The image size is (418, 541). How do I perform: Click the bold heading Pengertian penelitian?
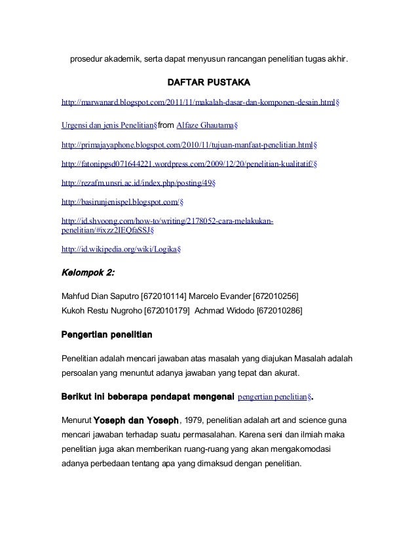(107, 335)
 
